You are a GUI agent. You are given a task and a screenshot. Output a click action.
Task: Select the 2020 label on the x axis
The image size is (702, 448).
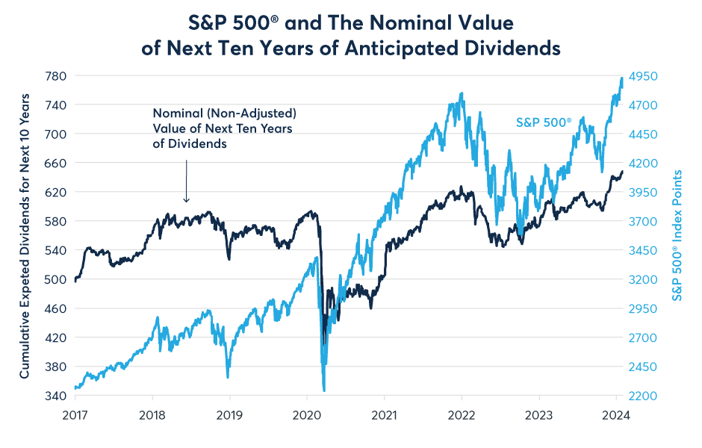(x=307, y=414)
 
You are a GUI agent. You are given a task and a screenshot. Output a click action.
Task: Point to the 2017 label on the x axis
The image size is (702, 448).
(x=75, y=414)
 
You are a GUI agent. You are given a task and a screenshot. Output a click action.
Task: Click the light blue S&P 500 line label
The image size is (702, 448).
(x=543, y=122)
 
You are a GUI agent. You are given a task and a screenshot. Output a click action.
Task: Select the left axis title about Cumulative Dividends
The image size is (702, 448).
(x=25, y=236)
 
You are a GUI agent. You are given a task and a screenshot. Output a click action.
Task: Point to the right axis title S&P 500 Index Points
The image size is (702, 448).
(x=678, y=236)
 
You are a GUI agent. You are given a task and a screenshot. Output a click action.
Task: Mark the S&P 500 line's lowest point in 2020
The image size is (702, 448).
(x=323, y=390)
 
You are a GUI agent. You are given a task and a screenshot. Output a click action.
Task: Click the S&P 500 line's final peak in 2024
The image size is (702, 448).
(x=622, y=78)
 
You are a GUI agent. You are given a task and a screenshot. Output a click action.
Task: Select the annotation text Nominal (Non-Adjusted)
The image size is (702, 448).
(x=225, y=113)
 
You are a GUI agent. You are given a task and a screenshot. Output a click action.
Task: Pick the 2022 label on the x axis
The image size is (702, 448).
(x=462, y=414)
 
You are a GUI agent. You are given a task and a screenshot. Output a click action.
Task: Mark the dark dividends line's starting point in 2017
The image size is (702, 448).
(x=76, y=281)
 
